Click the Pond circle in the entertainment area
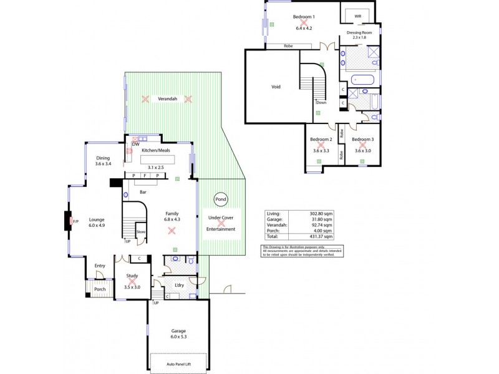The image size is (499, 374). pyautogui.click(x=221, y=199)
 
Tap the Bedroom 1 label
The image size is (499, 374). pyautogui.click(x=304, y=16)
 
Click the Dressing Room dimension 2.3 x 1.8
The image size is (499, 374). pyautogui.click(x=359, y=38)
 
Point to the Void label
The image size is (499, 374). pyautogui.click(x=276, y=87)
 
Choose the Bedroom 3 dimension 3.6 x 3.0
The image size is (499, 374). pyautogui.click(x=362, y=150)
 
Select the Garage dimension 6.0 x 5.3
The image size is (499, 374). pyautogui.click(x=179, y=337)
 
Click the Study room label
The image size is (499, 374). pyautogui.click(x=132, y=276)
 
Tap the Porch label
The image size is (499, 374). pyautogui.click(x=100, y=289)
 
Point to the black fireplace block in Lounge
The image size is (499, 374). pyautogui.click(x=67, y=221)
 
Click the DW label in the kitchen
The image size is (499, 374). pyautogui.click(x=135, y=145)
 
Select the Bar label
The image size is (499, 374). pyautogui.click(x=143, y=192)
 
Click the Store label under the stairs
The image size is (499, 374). pyautogui.click(x=141, y=233)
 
